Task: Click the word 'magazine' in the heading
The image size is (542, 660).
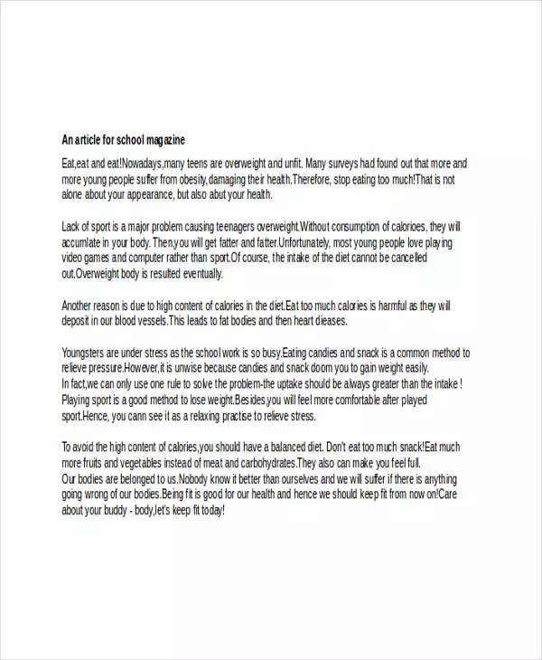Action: point(164,140)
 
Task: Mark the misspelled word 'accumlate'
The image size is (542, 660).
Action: point(84,242)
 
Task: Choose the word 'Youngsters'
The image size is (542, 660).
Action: point(88,353)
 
